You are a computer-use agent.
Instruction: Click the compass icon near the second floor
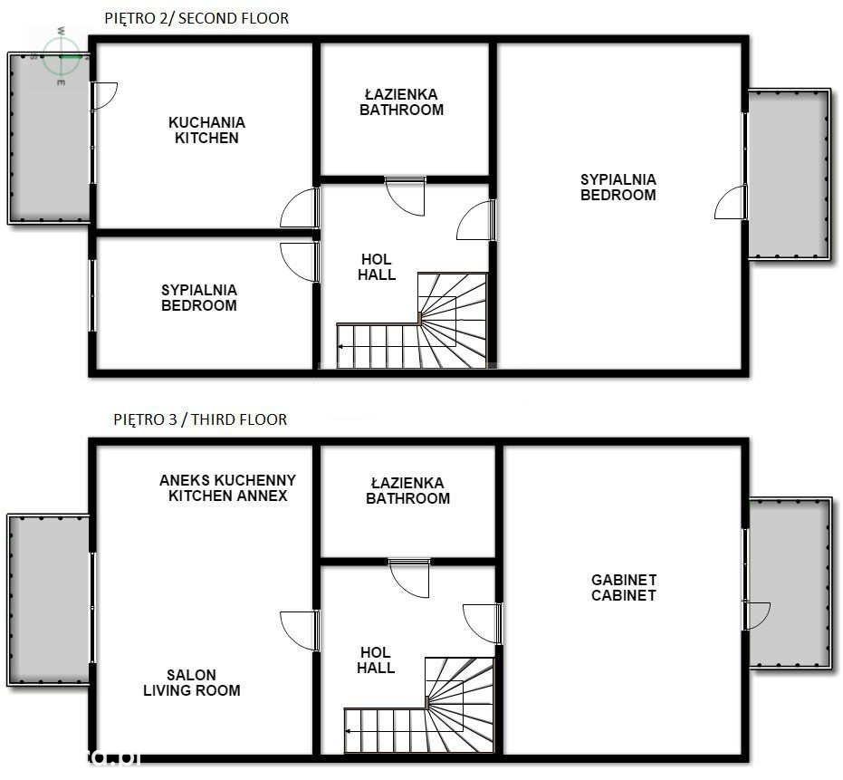(x=62, y=55)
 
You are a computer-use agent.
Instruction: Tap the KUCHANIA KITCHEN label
(x=207, y=130)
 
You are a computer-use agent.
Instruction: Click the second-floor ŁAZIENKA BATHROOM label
(x=402, y=102)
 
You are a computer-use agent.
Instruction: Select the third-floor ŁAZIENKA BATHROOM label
(x=407, y=491)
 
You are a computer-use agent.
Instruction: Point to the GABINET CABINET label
(x=624, y=587)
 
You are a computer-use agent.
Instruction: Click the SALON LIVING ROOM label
(x=191, y=683)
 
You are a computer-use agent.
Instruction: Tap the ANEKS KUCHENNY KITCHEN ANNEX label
(x=227, y=488)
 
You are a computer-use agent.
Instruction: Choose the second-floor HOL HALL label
(x=377, y=267)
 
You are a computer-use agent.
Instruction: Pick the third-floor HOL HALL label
(x=376, y=660)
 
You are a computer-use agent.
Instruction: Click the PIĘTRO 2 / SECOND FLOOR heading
(x=196, y=18)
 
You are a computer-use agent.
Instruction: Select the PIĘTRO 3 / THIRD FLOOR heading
(x=200, y=419)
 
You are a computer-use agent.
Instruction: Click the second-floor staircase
(x=412, y=321)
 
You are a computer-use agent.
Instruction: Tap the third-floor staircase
(x=419, y=705)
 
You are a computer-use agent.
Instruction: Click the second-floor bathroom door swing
(x=406, y=197)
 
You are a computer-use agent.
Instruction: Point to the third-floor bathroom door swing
(x=409, y=578)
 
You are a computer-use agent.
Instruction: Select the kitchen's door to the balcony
(x=104, y=96)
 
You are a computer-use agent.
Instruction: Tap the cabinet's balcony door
(x=757, y=616)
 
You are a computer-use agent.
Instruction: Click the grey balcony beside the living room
(x=48, y=601)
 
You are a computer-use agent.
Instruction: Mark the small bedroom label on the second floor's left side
(x=199, y=297)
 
